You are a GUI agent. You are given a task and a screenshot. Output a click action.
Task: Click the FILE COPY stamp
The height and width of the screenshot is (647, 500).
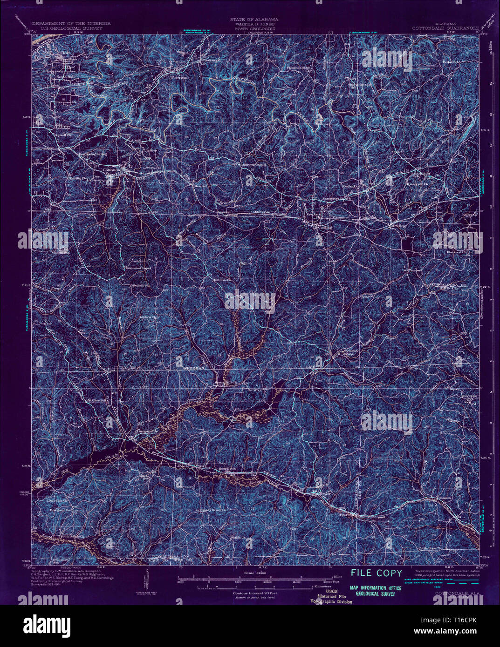[377, 573]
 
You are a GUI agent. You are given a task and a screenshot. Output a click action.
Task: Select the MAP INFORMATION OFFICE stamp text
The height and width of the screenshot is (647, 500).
[376, 588]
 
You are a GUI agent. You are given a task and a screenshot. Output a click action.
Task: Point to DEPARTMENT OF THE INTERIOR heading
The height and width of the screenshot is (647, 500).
[71, 23]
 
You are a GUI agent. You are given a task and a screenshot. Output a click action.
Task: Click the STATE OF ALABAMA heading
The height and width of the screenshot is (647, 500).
[254, 20]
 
